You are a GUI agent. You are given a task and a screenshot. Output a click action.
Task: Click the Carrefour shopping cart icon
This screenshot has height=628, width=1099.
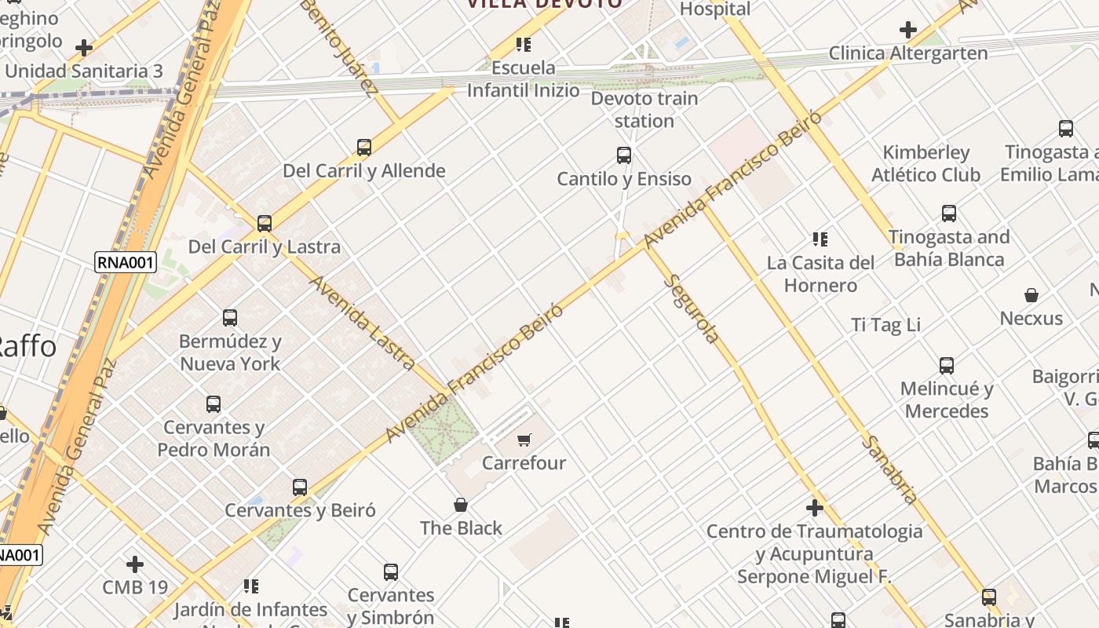tap(524, 440)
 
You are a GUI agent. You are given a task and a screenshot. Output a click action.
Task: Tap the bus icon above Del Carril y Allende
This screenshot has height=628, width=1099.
tap(363, 147)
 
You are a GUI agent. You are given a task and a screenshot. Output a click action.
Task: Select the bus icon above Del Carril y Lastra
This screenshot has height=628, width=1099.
tap(265, 223)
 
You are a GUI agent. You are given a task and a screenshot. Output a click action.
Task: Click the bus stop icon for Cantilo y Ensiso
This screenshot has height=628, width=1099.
tap(624, 155)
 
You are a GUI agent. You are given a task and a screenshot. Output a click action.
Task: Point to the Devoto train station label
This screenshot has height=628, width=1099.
tap(644, 109)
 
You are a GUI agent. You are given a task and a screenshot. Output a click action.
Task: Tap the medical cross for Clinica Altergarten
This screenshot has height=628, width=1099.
tap(908, 31)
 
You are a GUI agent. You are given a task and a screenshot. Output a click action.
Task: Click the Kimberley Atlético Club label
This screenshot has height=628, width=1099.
tap(926, 163)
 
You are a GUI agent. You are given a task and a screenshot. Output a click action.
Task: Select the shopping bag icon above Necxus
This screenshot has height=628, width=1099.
tap(1031, 295)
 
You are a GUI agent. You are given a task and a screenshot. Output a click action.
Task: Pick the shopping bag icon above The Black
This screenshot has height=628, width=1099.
tap(461, 505)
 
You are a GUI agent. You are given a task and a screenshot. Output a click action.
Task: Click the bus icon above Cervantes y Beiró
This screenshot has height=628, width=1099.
tap(300, 487)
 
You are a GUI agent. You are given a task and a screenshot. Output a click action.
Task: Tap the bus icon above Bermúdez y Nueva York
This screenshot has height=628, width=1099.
tap(230, 318)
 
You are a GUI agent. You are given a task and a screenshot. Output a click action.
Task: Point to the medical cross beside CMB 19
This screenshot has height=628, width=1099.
tap(135, 564)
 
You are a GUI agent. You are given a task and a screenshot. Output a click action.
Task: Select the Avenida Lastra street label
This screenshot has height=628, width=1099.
tap(363, 322)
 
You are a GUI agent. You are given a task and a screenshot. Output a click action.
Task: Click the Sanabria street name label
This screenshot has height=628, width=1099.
tap(889, 469)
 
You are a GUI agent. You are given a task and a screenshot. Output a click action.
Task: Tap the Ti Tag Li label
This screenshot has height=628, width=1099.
tap(886, 324)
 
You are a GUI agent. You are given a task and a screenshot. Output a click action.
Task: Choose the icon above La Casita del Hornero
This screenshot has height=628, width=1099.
tap(820, 239)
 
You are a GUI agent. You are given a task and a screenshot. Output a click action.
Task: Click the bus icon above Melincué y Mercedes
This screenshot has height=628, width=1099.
tap(947, 365)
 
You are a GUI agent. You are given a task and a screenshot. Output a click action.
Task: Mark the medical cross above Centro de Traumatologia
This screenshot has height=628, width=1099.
tap(815, 508)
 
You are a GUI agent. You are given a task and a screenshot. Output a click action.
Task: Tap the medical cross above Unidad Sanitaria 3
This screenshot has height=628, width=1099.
tap(84, 48)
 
